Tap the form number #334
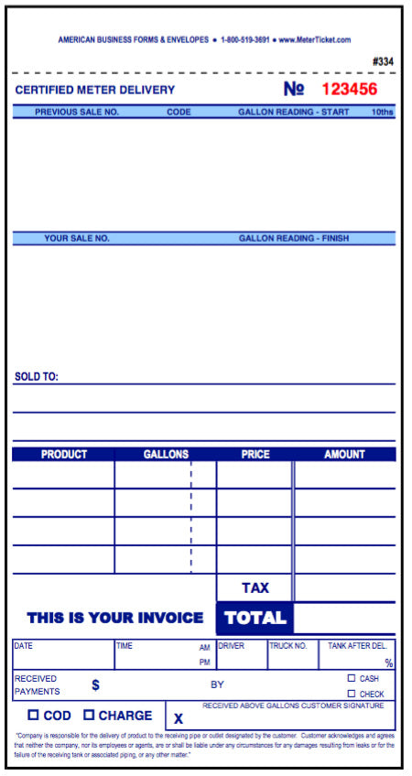pos(384,62)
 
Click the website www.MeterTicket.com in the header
pos(315,40)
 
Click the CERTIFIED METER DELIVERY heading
pos(94,90)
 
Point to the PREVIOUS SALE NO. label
pos(77,112)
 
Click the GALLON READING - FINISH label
pos(294,238)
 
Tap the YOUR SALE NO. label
pos(77,238)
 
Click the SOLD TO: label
pos(37,376)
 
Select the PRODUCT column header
pos(64,454)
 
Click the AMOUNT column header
pos(344,454)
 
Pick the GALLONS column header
pos(166,454)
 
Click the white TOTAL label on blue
pos(255,618)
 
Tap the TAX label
pos(255,587)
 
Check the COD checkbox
pos(33,715)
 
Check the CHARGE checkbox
pos(89,715)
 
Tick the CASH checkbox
pos(352,678)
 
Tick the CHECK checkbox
pos(352,693)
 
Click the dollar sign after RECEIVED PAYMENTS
pos(95,684)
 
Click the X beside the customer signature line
pos(179,719)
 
